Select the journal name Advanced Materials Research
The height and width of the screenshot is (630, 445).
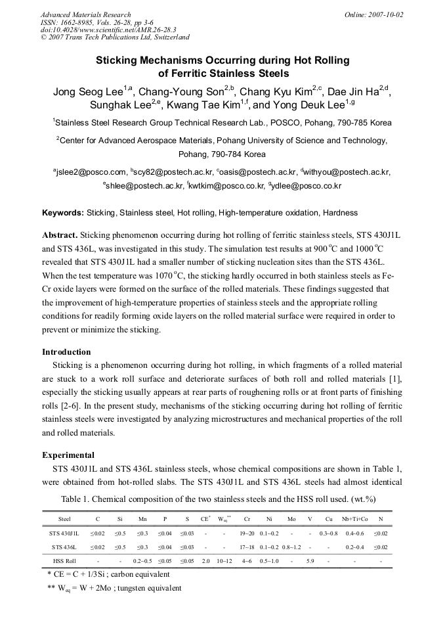pyautogui.click(x=86, y=14)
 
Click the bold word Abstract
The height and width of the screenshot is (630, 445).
pyautogui.click(x=60, y=235)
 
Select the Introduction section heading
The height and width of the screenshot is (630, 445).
pyautogui.click(x=66, y=351)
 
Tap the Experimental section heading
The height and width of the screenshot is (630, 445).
pyautogui.click(x=68, y=455)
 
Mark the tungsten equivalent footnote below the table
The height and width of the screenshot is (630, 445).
pyautogui.click(x=114, y=588)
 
